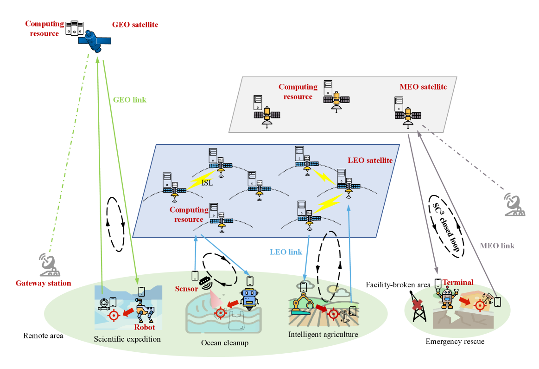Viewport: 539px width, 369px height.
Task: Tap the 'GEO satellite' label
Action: click(x=135, y=25)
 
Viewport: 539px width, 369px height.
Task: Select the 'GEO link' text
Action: click(x=130, y=99)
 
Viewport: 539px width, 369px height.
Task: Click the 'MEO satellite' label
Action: click(x=423, y=87)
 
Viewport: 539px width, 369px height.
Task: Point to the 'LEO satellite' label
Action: click(x=370, y=160)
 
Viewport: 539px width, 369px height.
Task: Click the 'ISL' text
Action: click(x=207, y=182)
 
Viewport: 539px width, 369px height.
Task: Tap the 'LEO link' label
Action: click(x=286, y=252)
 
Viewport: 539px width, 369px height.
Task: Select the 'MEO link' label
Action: click(x=497, y=246)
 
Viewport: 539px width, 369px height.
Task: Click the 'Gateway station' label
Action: click(x=43, y=283)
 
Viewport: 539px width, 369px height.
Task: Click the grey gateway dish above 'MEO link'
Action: click(x=514, y=205)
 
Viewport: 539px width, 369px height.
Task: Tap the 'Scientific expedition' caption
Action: click(x=127, y=339)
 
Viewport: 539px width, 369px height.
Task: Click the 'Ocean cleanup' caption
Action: click(x=225, y=343)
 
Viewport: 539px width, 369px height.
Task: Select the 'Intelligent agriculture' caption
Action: click(x=323, y=334)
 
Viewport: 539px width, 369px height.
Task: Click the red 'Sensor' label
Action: click(x=186, y=289)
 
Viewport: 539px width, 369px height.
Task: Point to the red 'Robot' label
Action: click(x=145, y=327)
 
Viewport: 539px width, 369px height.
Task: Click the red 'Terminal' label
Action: click(x=457, y=282)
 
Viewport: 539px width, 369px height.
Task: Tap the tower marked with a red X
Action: click(x=418, y=309)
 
